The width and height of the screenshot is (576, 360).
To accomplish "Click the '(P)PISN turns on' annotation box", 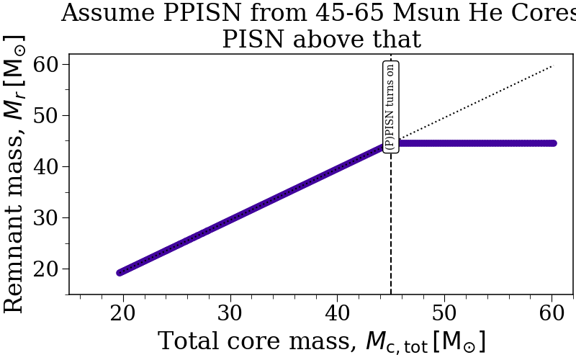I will [x=390, y=106].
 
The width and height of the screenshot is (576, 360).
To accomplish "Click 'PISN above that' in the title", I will [x=321, y=39].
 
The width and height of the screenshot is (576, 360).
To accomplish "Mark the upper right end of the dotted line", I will [x=552, y=66].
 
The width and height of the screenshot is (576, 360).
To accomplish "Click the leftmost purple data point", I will [x=121, y=272].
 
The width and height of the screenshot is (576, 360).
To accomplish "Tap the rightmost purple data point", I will [x=553, y=143].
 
